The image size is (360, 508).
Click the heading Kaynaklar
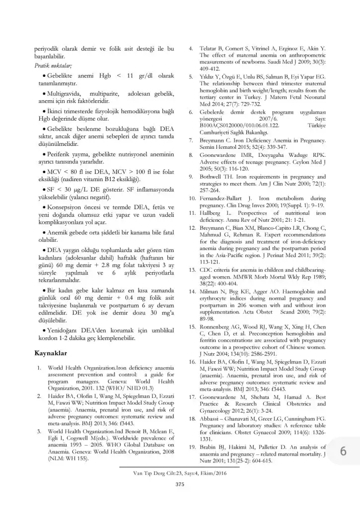point(50,353)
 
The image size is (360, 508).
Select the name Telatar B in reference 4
point(214,49)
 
